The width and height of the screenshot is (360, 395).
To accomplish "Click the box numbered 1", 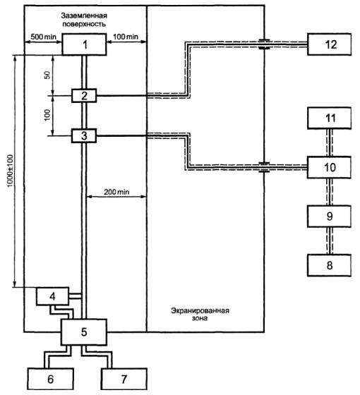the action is point(84,44).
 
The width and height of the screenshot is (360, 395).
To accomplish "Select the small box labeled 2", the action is point(84,96).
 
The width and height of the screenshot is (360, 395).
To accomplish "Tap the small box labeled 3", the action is point(84,135).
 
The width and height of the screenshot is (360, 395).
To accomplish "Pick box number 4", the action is point(52,296).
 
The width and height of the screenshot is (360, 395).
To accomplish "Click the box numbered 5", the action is point(84,332).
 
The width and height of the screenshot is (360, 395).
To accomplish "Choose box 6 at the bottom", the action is point(51,379).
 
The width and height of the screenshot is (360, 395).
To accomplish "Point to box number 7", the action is point(124,379).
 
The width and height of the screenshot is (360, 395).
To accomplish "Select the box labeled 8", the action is point(329,265).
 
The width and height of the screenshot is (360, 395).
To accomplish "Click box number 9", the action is point(329,217).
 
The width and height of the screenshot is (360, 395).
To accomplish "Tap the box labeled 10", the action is point(329,167).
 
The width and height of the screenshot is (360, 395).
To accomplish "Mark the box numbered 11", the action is point(329,119).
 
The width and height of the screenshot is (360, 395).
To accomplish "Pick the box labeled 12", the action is point(330,44).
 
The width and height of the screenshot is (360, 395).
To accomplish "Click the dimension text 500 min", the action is point(43,37).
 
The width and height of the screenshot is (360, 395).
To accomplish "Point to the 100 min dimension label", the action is point(126,37).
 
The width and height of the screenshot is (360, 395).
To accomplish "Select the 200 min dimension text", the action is point(116,192).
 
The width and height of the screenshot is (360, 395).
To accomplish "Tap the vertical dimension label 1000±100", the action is point(10,171).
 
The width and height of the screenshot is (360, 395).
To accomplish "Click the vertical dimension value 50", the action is point(47,75).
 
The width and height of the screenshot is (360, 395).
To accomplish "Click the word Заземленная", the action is point(84,16).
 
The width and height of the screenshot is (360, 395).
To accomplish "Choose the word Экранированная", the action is point(200,310).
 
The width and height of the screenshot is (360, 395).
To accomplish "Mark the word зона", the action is point(200,318).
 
